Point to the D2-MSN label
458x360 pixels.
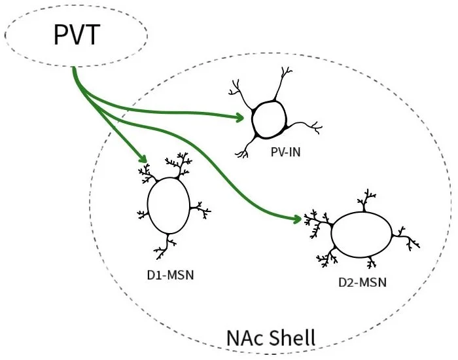[362, 282]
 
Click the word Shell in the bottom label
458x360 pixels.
[292, 338]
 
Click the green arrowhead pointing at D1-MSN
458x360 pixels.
[142, 159]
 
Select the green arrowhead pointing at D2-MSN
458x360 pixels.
[298, 219]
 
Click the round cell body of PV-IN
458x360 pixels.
[269, 119]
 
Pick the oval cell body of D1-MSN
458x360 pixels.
[168, 206]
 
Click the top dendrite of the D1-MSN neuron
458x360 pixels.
[181, 162]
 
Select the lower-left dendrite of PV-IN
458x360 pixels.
[245, 149]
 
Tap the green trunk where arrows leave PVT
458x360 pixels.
[77, 79]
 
